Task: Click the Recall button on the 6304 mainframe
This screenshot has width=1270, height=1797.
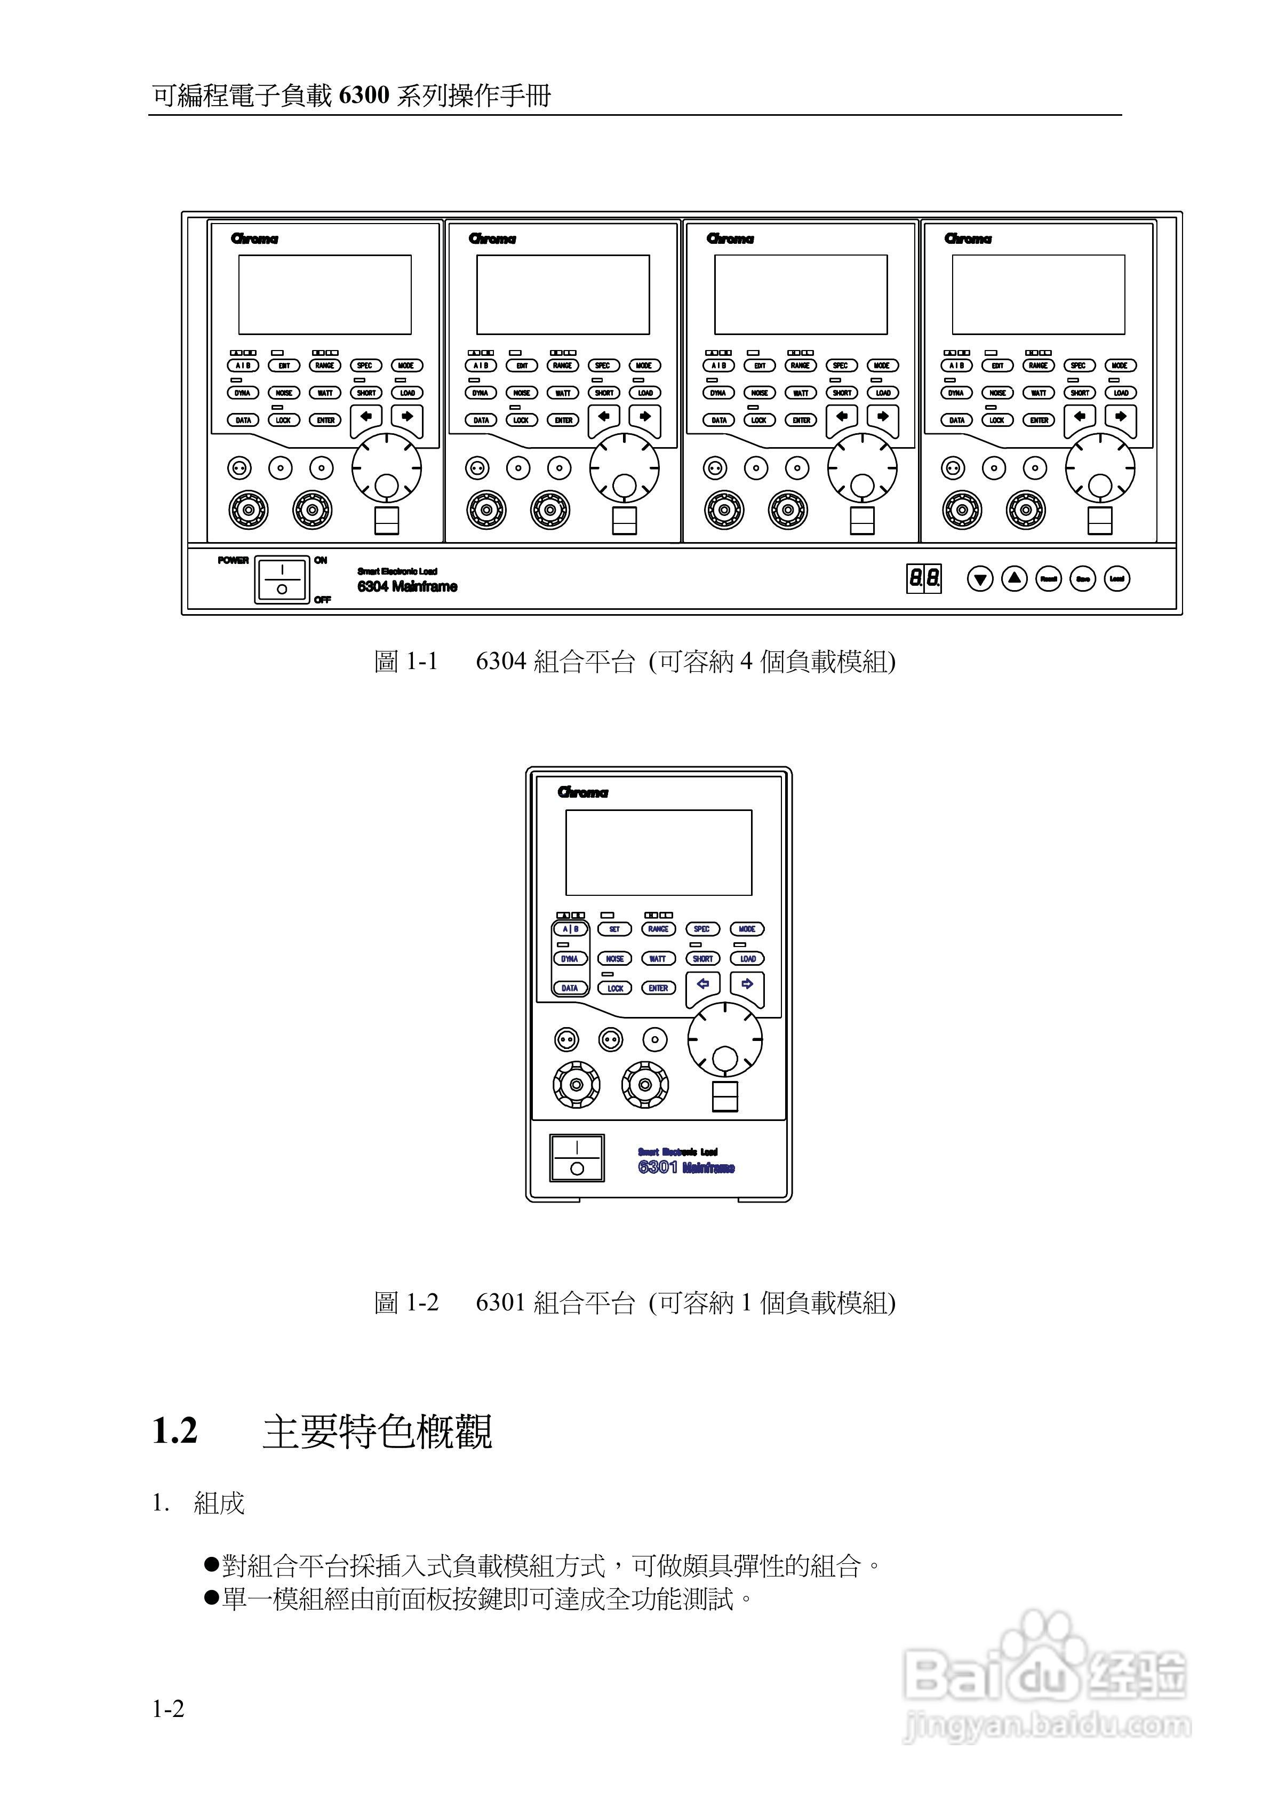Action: point(1049,579)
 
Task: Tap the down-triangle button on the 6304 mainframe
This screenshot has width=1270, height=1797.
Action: point(980,579)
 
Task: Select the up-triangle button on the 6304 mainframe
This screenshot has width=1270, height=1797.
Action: point(1014,578)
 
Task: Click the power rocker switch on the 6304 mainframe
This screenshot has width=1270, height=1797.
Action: point(282,579)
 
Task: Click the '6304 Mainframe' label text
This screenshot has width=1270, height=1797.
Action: point(407,586)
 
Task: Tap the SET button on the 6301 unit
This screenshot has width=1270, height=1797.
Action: point(614,929)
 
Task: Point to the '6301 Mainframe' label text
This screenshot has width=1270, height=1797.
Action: point(686,1167)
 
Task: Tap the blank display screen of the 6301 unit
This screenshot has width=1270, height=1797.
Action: point(658,852)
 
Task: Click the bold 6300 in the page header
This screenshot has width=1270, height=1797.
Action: point(365,96)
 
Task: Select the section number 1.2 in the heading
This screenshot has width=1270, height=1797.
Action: point(174,1432)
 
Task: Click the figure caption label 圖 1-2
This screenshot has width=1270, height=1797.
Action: point(406,1303)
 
